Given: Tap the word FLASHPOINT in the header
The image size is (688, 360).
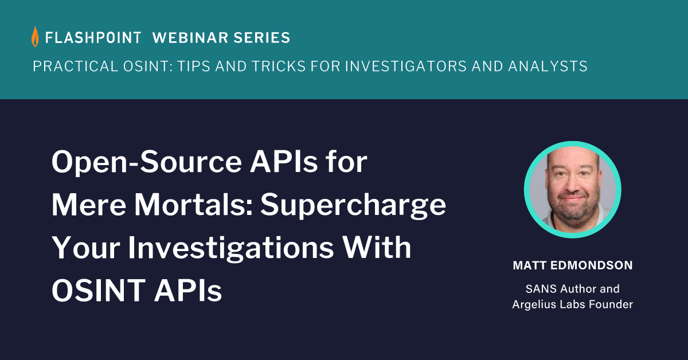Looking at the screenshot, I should point(93,38).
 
